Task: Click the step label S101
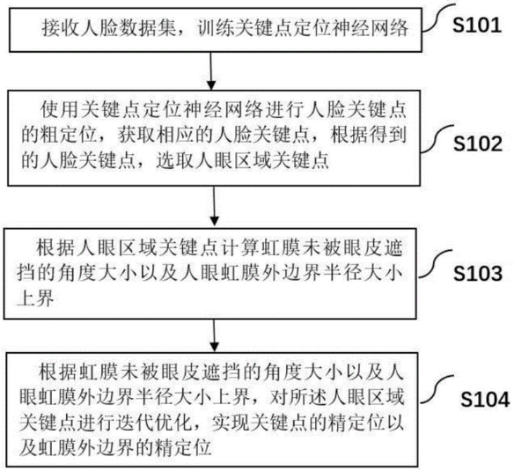pos(477,25)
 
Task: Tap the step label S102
pos(478,144)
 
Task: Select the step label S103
pos(478,273)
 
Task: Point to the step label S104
pos(485,399)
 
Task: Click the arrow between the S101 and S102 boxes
pos(211,70)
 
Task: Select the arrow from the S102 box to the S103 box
pos(214,206)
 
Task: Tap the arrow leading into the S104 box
pos(214,335)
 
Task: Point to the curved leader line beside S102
pos(437,139)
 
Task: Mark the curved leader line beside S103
pos(436,264)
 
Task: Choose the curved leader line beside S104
pos(437,389)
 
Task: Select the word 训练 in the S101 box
pos(216,28)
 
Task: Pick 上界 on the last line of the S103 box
pos(35,298)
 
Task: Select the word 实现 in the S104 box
pos(230,423)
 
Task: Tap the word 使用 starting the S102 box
pos(59,109)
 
